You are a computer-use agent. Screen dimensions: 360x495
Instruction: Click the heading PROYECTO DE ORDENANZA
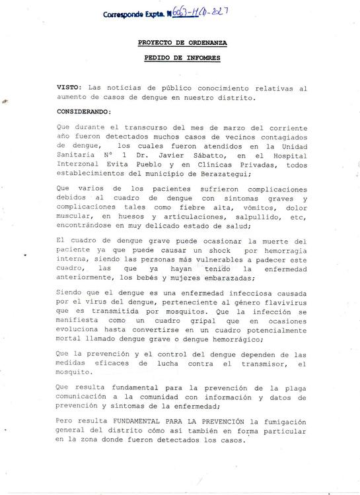point(182,43)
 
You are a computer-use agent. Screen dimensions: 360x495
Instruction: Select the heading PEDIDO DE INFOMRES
point(182,58)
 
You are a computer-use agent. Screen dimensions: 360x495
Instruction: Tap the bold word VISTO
point(69,87)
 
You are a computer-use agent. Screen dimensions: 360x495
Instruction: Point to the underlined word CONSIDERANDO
point(85,112)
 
